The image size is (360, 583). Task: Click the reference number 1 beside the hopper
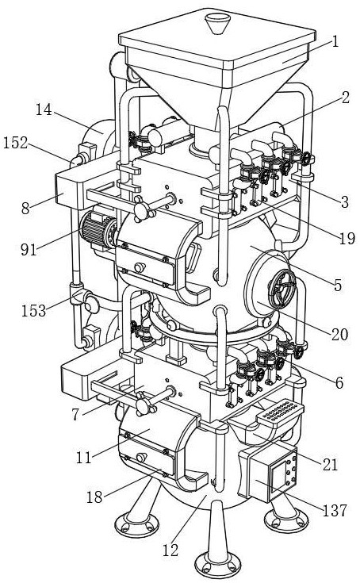click(335, 41)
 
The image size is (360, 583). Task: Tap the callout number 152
click(16, 143)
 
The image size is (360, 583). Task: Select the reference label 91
click(29, 250)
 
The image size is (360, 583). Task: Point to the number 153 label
click(33, 310)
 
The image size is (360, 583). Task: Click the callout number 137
click(335, 511)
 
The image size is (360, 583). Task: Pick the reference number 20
click(339, 335)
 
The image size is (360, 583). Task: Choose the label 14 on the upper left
click(44, 109)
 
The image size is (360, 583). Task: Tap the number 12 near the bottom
click(170, 550)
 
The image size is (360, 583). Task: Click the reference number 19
click(347, 238)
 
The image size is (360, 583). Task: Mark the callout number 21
click(330, 464)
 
